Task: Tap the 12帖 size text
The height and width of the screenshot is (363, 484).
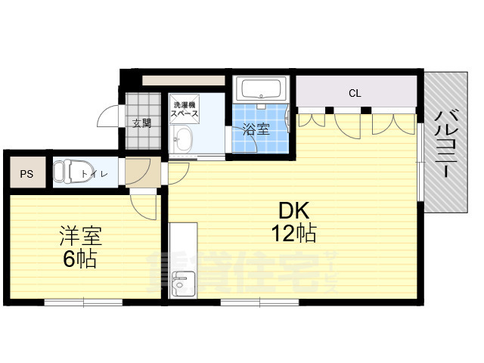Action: (x=293, y=234)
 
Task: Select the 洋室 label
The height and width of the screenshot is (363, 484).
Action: (x=80, y=236)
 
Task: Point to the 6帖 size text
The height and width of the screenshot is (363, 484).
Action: (x=80, y=259)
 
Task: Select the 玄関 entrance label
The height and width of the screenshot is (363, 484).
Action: (x=141, y=123)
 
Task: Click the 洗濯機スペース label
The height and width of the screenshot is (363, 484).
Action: (x=185, y=110)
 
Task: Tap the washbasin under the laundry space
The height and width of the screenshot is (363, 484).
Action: (x=183, y=139)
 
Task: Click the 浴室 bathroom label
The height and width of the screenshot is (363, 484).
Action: (x=255, y=129)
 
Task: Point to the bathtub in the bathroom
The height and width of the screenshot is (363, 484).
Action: (x=261, y=90)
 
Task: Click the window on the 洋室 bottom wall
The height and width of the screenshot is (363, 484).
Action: (x=83, y=302)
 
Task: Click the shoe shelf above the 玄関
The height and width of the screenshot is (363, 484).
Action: (x=183, y=79)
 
